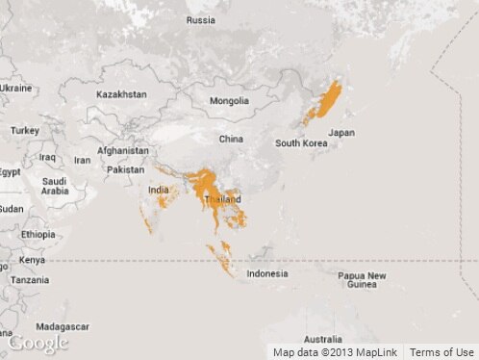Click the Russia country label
click(x=201, y=20)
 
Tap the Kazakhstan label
click(x=121, y=94)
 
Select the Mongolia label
click(x=229, y=100)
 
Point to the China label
click(x=231, y=139)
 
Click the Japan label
click(x=341, y=133)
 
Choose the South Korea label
click(x=301, y=143)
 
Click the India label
click(x=158, y=191)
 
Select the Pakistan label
click(x=125, y=169)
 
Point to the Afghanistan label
click(x=123, y=150)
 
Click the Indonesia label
click(x=266, y=273)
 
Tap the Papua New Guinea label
click(x=363, y=280)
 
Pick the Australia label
click(x=322, y=339)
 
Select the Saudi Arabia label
click(x=55, y=186)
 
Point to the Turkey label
click(x=25, y=130)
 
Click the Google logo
click(x=38, y=344)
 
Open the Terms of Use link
click(x=442, y=352)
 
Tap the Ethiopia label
click(x=38, y=234)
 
